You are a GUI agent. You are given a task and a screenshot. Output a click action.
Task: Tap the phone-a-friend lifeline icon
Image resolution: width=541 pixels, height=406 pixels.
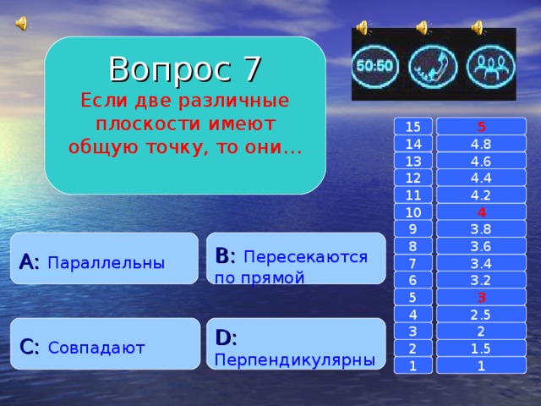pyautogui.click(x=433, y=64)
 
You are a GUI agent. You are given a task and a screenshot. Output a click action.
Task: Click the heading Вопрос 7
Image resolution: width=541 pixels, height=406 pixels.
pyautogui.click(x=185, y=68)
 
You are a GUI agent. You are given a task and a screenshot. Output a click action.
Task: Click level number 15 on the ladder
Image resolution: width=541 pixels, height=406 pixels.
pyautogui.click(x=413, y=127)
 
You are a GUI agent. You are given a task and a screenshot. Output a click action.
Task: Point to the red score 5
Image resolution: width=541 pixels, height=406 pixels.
pyautogui.click(x=481, y=127)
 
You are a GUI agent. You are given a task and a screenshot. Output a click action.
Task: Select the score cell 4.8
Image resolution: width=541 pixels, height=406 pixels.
pyautogui.click(x=481, y=144)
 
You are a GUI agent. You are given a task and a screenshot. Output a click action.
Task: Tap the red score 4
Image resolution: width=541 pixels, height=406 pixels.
pyautogui.click(x=481, y=211)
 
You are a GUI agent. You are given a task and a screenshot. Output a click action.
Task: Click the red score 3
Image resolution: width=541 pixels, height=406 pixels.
pyautogui.click(x=481, y=297)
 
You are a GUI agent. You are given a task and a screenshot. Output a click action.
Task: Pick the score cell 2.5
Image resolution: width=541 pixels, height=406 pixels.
pyautogui.click(x=481, y=314)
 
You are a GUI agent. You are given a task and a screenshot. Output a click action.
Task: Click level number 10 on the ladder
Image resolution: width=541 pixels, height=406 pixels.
pyautogui.click(x=413, y=211)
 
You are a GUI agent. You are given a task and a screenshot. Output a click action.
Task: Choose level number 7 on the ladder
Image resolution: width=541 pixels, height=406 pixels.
pyautogui.click(x=413, y=263)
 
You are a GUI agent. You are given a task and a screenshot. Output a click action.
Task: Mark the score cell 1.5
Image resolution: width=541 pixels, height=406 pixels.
pyautogui.click(x=481, y=348)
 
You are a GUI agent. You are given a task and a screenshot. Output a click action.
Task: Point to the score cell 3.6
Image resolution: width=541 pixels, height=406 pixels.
pyautogui.click(x=481, y=246)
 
